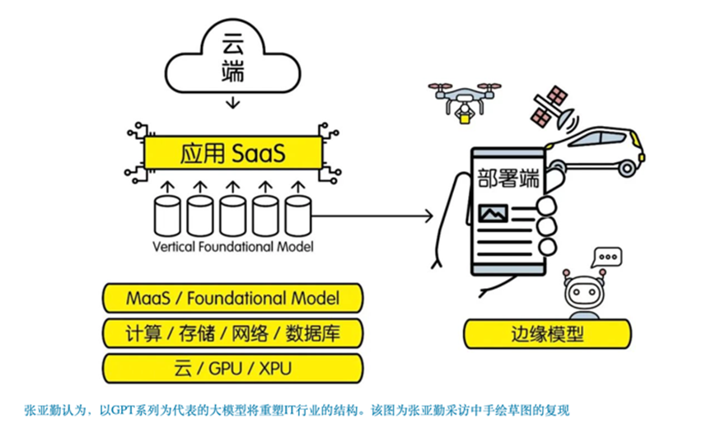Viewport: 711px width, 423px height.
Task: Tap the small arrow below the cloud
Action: [233, 102]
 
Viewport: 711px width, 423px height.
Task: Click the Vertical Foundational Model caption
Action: [232, 247]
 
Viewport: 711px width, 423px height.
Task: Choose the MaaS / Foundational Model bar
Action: [233, 297]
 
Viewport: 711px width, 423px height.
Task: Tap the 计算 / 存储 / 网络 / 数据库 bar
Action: [233, 332]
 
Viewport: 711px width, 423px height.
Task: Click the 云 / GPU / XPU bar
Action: [233, 367]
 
